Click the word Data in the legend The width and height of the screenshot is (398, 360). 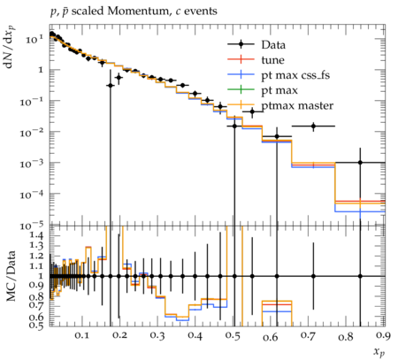pos(273,45)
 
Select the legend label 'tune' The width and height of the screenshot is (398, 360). pos(272,60)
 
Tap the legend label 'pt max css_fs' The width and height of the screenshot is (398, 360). pos(295,75)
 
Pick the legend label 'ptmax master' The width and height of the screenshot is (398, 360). pos(297,105)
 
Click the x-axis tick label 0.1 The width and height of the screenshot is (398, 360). pos(82,335)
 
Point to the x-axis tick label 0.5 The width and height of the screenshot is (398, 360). pos(233,336)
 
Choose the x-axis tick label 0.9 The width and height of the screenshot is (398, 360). pos(384,336)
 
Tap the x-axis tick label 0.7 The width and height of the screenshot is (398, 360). pos(308,335)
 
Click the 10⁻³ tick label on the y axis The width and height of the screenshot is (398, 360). pos(32,163)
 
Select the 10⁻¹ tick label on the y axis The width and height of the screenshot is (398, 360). pos(32,101)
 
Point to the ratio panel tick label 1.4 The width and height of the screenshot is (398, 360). pos(36,235)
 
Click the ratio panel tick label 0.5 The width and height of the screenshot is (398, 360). pos(36,325)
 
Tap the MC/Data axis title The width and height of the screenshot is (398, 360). pos(11,276)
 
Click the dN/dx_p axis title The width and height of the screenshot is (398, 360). pos(11,47)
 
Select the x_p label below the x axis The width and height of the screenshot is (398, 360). pos(379,351)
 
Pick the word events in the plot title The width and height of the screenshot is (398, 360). pos(201,11)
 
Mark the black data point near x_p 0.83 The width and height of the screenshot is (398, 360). pos(360,163)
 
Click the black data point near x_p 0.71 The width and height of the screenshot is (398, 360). pos(313,126)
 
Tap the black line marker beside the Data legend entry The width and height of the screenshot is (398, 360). pos(241,45)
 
